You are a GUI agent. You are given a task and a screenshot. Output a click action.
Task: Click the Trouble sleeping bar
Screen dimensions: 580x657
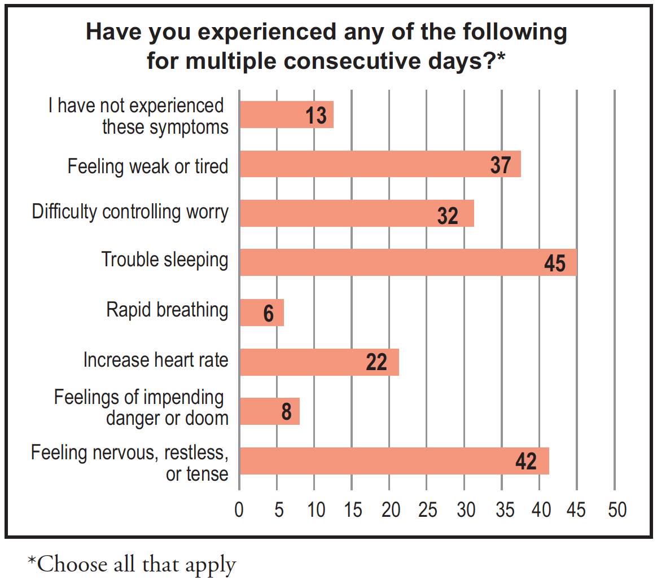(408, 262)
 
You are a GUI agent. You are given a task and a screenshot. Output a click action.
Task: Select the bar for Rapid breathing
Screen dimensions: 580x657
(261, 312)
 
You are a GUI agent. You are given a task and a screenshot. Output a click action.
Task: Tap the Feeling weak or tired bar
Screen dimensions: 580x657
(379, 164)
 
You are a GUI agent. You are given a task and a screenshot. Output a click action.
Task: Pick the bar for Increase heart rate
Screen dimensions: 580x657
(319, 362)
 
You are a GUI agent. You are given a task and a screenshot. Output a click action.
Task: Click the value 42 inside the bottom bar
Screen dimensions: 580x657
(525, 462)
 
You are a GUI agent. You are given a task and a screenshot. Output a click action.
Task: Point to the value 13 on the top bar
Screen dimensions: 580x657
(316, 116)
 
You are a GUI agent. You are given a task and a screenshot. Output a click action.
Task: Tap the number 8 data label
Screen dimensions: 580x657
(286, 412)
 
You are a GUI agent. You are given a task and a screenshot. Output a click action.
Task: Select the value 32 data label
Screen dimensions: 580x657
(448, 215)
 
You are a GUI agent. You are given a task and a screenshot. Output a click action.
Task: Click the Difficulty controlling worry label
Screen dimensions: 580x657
(130, 212)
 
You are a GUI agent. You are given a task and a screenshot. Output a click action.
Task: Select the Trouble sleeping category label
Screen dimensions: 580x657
(165, 260)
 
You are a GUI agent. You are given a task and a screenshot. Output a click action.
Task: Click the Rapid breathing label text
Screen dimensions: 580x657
(167, 310)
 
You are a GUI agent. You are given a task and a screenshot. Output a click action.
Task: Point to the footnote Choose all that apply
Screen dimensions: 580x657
(132, 563)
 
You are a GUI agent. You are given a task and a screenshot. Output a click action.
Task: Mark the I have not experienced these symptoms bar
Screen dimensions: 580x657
(286, 115)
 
